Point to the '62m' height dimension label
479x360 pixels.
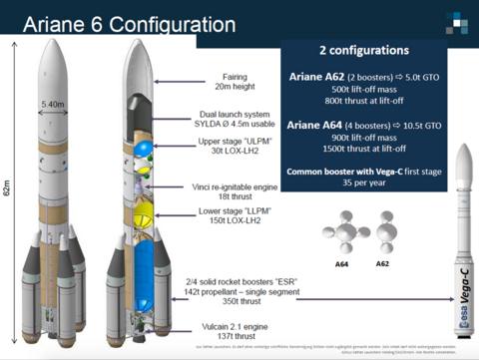point(9,186)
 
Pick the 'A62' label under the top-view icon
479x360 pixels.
point(383,265)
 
